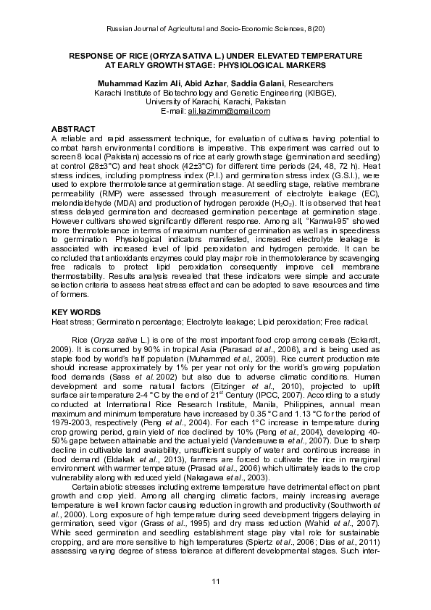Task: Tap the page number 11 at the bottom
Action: (x=215, y=583)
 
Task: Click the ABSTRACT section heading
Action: (x=75, y=128)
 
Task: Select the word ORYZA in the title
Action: (x=163, y=56)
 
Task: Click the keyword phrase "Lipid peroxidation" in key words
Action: (x=280, y=341)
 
